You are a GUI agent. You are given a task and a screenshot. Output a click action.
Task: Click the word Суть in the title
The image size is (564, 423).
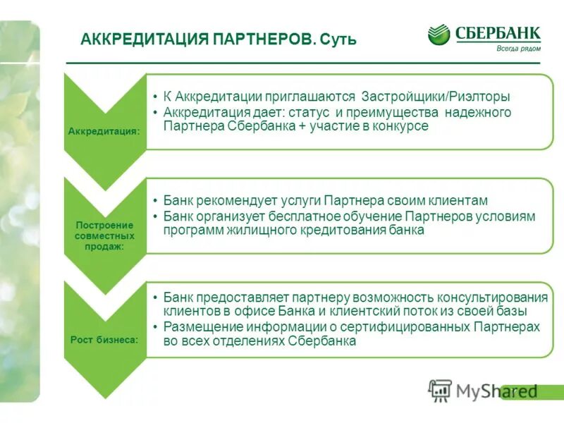[338, 39]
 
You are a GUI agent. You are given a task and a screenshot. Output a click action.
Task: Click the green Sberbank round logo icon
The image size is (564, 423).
[439, 35]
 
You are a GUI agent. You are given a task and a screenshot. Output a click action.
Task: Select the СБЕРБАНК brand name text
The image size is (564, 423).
[498, 32]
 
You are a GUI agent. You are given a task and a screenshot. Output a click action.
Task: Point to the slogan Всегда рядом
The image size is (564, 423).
[518, 48]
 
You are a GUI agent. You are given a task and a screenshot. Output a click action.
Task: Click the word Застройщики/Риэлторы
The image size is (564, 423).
[436, 97]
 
